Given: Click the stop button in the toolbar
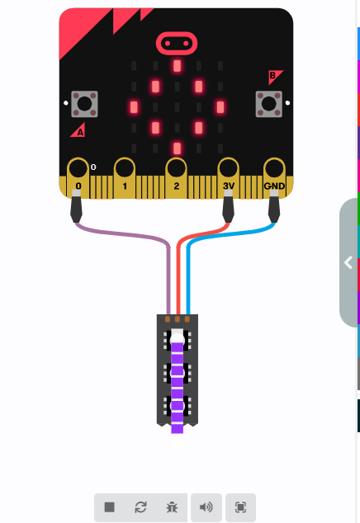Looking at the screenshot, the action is click(110, 507).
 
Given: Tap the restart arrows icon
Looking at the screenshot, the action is click(140, 507).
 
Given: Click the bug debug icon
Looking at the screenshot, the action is click(172, 507).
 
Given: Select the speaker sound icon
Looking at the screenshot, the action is click(206, 507).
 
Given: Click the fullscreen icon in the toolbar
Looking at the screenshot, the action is click(240, 507).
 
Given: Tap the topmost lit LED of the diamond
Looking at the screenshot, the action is click(177, 66).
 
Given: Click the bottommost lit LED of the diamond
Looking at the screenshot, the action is click(177, 148).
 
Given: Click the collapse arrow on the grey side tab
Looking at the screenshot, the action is click(348, 262).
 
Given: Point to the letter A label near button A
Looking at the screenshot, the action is click(80, 133).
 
